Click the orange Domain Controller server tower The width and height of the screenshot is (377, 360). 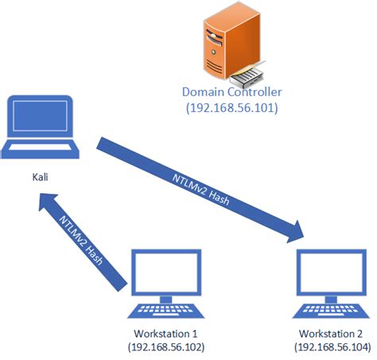(220, 45)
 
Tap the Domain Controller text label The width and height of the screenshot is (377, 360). (231, 91)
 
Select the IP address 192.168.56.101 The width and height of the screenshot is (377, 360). (231, 107)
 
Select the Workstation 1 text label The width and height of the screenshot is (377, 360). (162, 334)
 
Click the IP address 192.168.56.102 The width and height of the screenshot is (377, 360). (162, 347)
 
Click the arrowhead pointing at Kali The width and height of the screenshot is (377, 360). (49, 208)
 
